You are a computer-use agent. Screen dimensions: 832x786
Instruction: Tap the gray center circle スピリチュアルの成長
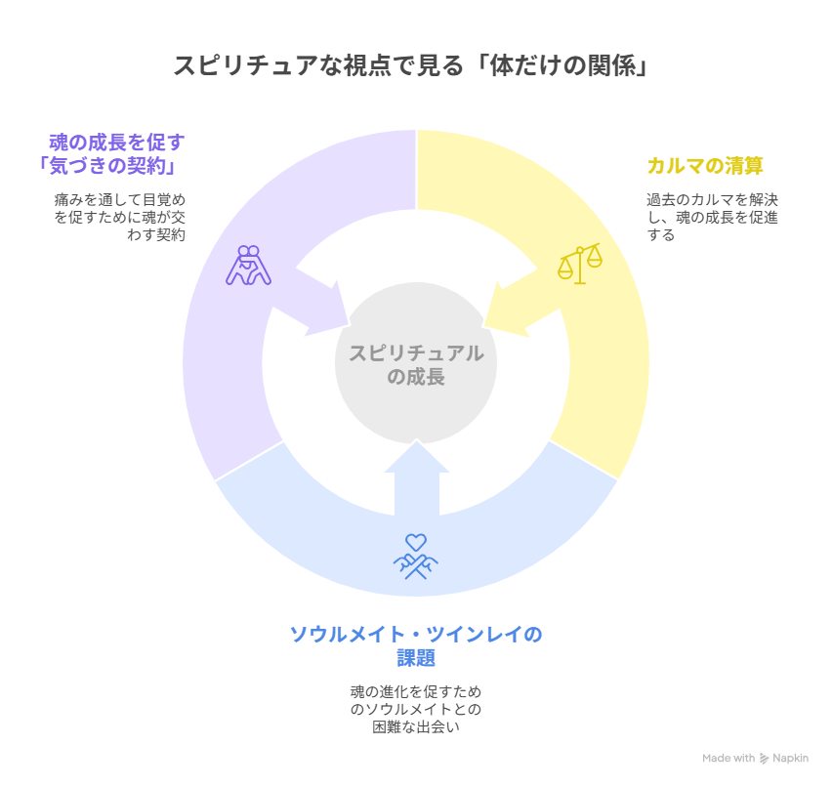tap(416, 363)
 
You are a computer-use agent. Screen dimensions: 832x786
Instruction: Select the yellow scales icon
tap(580, 264)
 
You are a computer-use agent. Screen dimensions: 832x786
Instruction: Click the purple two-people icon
tap(248, 266)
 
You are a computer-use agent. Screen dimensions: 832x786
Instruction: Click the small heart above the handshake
tap(416, 542)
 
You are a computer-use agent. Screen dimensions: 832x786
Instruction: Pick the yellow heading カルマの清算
tap(705, 165)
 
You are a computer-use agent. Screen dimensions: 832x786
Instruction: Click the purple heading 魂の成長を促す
tap(117, 143)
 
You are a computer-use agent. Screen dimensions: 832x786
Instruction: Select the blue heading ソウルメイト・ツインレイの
tap(416, 634)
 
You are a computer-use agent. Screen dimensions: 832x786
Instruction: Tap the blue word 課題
tap(416, 658)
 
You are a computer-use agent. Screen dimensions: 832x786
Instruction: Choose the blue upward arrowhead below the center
tap(417, 456)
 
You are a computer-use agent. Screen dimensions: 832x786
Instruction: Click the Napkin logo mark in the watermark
tap(764, 759)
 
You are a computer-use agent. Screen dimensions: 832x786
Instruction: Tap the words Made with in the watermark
tap(728, 759)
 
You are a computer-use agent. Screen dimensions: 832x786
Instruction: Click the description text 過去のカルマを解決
tap(712, 200)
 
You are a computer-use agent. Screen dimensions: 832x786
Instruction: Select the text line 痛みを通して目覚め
tap(120, 200)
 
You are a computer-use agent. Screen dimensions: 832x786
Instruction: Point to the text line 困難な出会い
tap(416, 726)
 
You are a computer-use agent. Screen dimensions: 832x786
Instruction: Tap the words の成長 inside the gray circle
tap(416, 377)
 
